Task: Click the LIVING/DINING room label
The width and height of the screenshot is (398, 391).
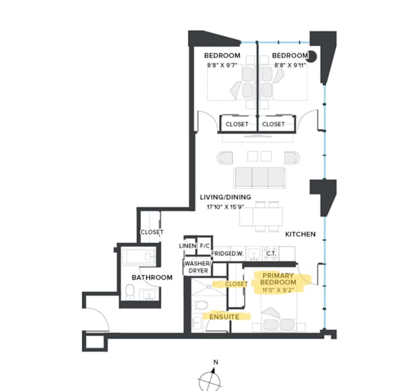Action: [x=226, y=197]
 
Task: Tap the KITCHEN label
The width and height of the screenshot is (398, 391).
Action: [x=300, y=234]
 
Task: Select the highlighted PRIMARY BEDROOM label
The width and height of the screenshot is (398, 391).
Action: [x=278, y=279]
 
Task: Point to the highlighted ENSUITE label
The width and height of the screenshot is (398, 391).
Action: [x=224, y=317]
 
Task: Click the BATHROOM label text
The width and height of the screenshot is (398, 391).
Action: [x=152, y=277]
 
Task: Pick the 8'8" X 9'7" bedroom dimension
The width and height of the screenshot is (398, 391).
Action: [x=222, y=65]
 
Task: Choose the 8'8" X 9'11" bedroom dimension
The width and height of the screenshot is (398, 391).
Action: [x=290, y=65]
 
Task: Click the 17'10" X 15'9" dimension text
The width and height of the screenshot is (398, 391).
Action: [x=226, y=207]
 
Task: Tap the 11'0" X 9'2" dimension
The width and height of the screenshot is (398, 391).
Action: [x=278, y=290]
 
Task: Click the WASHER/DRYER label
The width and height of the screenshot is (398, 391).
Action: [x=198, y=267]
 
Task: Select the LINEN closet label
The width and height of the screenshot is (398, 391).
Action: [x=188, y=246]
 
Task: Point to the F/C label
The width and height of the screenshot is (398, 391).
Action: [x=205, y=246]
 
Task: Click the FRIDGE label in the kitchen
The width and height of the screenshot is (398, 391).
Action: [x=220, y=253]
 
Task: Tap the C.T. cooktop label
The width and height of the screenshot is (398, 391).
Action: [x=271, y=253]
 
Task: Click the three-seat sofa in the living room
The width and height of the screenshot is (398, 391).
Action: [x=259, y=177]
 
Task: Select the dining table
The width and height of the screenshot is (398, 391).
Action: [x=261, y=217]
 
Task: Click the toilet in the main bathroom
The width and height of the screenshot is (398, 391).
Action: [x=130, y=291]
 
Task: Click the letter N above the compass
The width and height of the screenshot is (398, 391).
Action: [x=216, y=362]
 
